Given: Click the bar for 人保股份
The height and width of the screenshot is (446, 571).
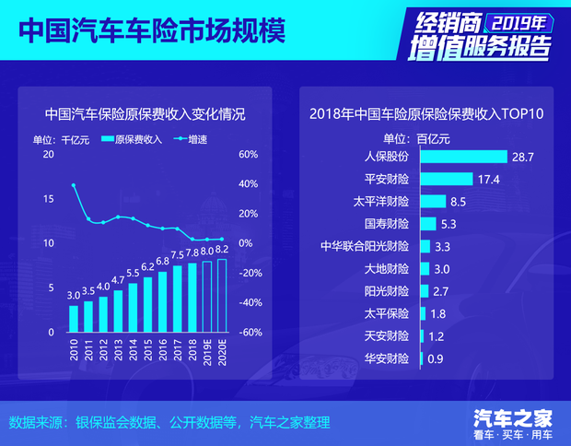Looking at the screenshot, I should click(x=463, y=158).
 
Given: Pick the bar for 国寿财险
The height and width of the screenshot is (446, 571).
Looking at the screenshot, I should click(x=427, y=223).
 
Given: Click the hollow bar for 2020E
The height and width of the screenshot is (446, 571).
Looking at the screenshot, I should click(x=222, y=295).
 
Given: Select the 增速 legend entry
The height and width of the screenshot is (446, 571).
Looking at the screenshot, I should click(x=190, y=139).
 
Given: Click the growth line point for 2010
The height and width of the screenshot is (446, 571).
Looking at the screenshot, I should click(x=74, y=185).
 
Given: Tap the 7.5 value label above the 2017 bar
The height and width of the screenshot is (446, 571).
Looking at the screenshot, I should click(x=178, y=255).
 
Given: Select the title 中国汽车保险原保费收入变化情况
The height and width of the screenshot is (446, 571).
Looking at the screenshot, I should click(x=146, y=115).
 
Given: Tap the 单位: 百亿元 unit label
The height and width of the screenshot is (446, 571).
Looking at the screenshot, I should click(x=415, y=139).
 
